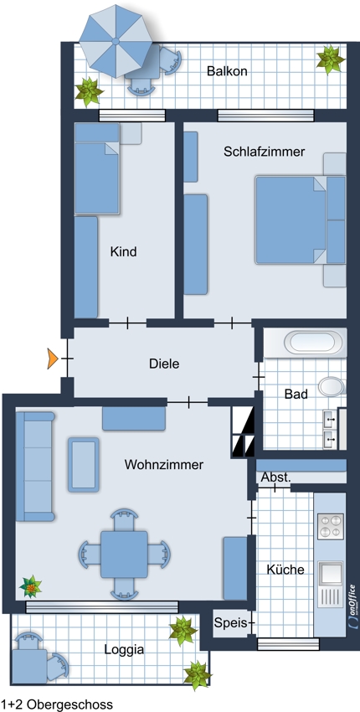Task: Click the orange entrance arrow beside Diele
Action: coord(53,359)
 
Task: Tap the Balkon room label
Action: coord(227,71)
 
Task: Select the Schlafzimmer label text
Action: coord(265,152)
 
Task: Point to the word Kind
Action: coord(123,251)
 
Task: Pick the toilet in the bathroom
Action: coord(332,386)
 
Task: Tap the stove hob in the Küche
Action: coord(330,526)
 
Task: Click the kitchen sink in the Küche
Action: coord(330,574)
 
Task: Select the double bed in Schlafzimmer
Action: coord(300,220)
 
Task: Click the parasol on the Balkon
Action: coord(116,41)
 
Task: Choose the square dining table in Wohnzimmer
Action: coord(124,554)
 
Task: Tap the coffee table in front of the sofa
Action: coord(84,465)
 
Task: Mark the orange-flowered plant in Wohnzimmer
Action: coord(31,586)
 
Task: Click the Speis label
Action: coord(230,623)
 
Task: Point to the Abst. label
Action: coord(275,477)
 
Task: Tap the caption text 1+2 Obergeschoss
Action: coord(56,704)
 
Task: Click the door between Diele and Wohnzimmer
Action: coord(188,401)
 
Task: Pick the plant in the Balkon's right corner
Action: coord(330,59)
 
